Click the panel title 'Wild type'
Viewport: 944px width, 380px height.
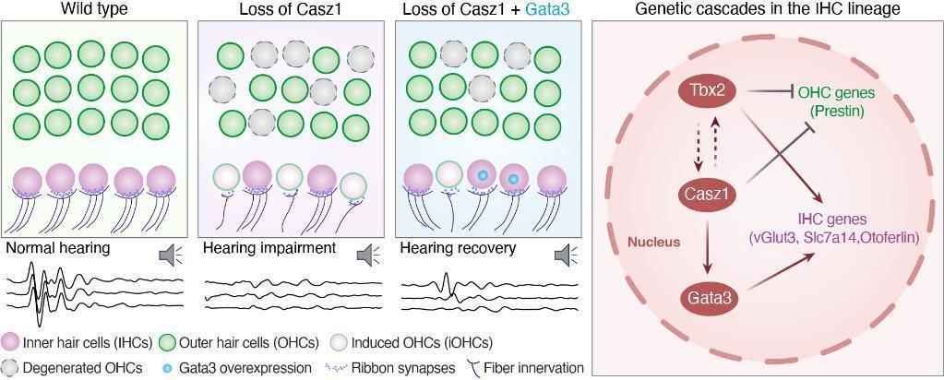[x=94, y=9]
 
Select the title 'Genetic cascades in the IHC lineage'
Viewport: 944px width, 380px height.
[x=767, y=9]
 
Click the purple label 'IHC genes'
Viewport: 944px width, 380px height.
[x=834, y=220]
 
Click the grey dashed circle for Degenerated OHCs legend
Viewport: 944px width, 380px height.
[x=10, y=367]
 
